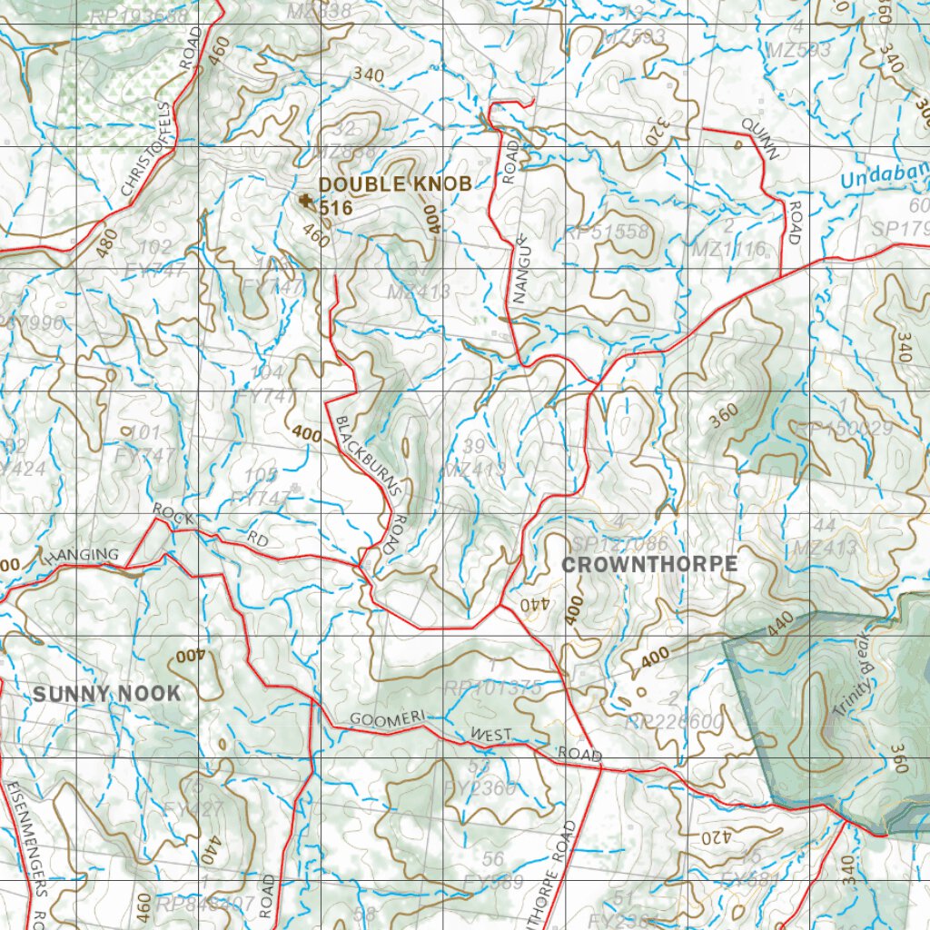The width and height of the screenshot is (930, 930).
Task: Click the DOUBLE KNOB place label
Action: (x=395, y=184)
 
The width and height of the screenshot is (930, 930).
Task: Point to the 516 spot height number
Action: (x=335, y=208)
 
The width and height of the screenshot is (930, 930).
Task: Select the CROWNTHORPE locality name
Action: (x=649, y=564)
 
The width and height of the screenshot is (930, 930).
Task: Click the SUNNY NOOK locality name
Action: (x=106, y=694)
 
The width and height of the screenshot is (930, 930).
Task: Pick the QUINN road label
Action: (x=760, y=138)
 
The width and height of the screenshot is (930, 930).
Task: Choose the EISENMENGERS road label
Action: (x=25, y=836)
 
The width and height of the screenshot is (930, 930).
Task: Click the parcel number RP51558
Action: (x=607, y=232)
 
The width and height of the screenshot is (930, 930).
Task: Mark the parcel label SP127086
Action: (x=620, y=543)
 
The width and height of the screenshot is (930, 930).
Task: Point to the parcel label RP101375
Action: (x=493, y=688)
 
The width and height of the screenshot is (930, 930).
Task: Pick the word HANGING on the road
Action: (x=81, y=555)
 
